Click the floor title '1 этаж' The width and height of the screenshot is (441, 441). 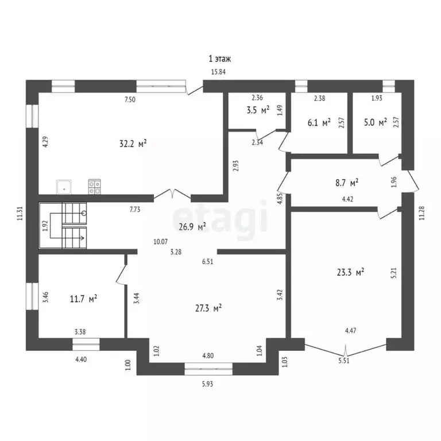tap(220, 58)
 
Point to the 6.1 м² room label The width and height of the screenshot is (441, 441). tap(319, 122)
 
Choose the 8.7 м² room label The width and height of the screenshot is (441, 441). tap(347, 183)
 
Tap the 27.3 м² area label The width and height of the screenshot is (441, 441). tap(209, 308)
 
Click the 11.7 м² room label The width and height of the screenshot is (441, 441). tap(84, 298)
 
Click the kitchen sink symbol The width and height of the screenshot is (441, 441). tap(64, 186)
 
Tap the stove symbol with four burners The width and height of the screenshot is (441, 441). tap(94, 186)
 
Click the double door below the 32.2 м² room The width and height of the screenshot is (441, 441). tap(175, 195)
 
